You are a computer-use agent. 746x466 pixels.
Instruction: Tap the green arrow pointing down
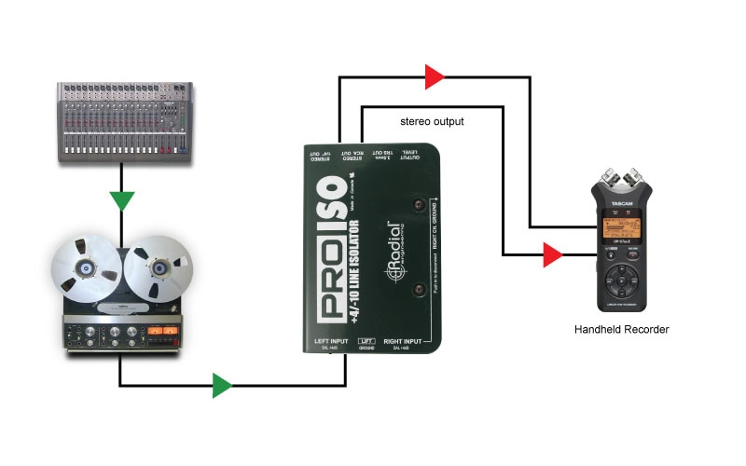click(121, 200)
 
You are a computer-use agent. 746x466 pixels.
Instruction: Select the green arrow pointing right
click(222, 385)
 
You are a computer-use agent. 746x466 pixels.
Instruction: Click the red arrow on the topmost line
click(434, 77)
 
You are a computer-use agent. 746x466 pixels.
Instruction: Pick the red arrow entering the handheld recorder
click(553, 254)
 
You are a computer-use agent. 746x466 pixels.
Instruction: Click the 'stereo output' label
click(432, 121)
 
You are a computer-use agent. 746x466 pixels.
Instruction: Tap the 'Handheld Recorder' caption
click(622, 329)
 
